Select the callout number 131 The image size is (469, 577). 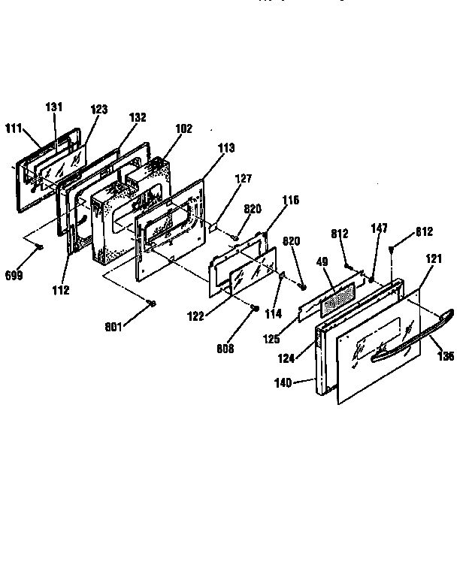click(54, 107)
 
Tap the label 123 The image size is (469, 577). click(99, 110)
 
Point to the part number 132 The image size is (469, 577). click(137, 118)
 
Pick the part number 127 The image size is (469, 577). click(243, 179)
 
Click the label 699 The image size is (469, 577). click(14, 275)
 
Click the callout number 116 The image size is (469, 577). click(291, 200)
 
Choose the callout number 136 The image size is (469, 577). click(446, 357)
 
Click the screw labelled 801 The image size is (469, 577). click(152, 303)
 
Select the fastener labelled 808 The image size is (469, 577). click(255, 309)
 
